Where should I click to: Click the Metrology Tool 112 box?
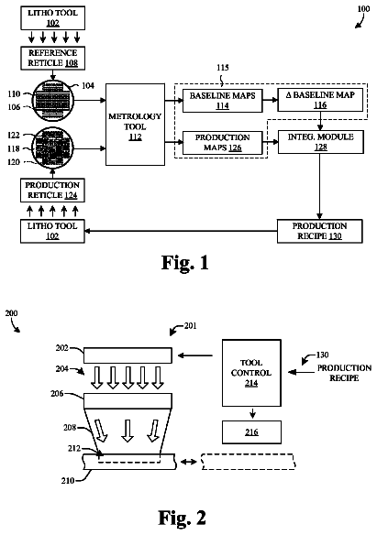[x=135, y=125]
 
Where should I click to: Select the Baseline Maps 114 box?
[x=222, y=101]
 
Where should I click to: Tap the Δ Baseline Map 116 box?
[x=320, y=100]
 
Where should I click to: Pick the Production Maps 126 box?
[x=222, y=143]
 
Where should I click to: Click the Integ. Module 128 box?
[x=321, y=142]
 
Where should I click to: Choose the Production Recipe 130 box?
[x=319, y=231]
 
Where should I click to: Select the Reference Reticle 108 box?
[x=52, y=59]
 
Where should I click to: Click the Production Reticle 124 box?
[x=52, y=190]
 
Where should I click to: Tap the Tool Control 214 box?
[x=251, y=373]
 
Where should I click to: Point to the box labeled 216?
[x=251, y=432]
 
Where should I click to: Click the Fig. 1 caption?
[x=185, y=263]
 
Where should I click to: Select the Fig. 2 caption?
[x=183, y=518]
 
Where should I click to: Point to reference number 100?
[x=363, y=8]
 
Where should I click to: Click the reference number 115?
[x=222, y=68]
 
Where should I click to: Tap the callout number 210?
[x=68, y=480]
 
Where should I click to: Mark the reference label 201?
[x=190, y=326]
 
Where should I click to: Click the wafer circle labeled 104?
[x=53, y=101]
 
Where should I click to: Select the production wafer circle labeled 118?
[x=53, y=148]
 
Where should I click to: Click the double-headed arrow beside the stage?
[x=189, y=462]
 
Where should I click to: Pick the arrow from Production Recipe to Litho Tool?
[x=181, y=231]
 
